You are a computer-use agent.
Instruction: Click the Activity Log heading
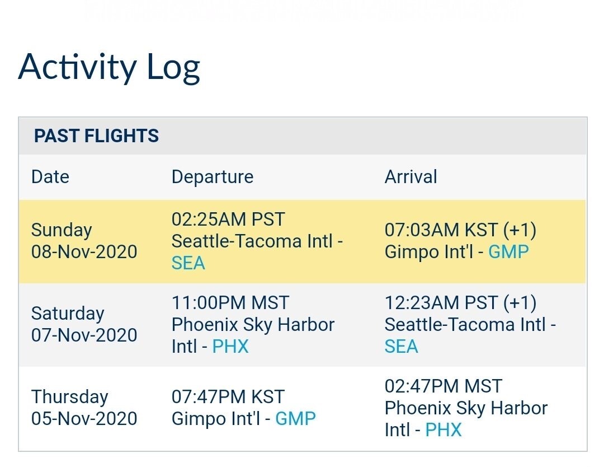109,68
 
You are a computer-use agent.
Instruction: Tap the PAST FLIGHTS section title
96,136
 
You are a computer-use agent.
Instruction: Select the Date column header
50,177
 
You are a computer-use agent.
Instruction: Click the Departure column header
213,177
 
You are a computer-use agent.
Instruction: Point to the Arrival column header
410,177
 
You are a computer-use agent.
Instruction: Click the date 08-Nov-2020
84,252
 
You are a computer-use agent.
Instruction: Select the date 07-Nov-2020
84,335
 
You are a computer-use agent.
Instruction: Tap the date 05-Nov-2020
84,418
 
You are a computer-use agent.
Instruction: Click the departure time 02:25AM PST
228,220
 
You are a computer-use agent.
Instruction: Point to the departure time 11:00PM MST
230,303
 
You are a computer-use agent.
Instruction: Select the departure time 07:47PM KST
228,397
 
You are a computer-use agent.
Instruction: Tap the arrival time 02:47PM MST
443,386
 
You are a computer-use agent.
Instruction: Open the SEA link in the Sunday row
188,263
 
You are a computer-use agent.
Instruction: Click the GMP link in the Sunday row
508,252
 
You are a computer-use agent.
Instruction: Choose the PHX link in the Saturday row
230,346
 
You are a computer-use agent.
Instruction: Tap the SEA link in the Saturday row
402,346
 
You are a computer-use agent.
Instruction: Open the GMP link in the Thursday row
295,418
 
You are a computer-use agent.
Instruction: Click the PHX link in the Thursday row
443,429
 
